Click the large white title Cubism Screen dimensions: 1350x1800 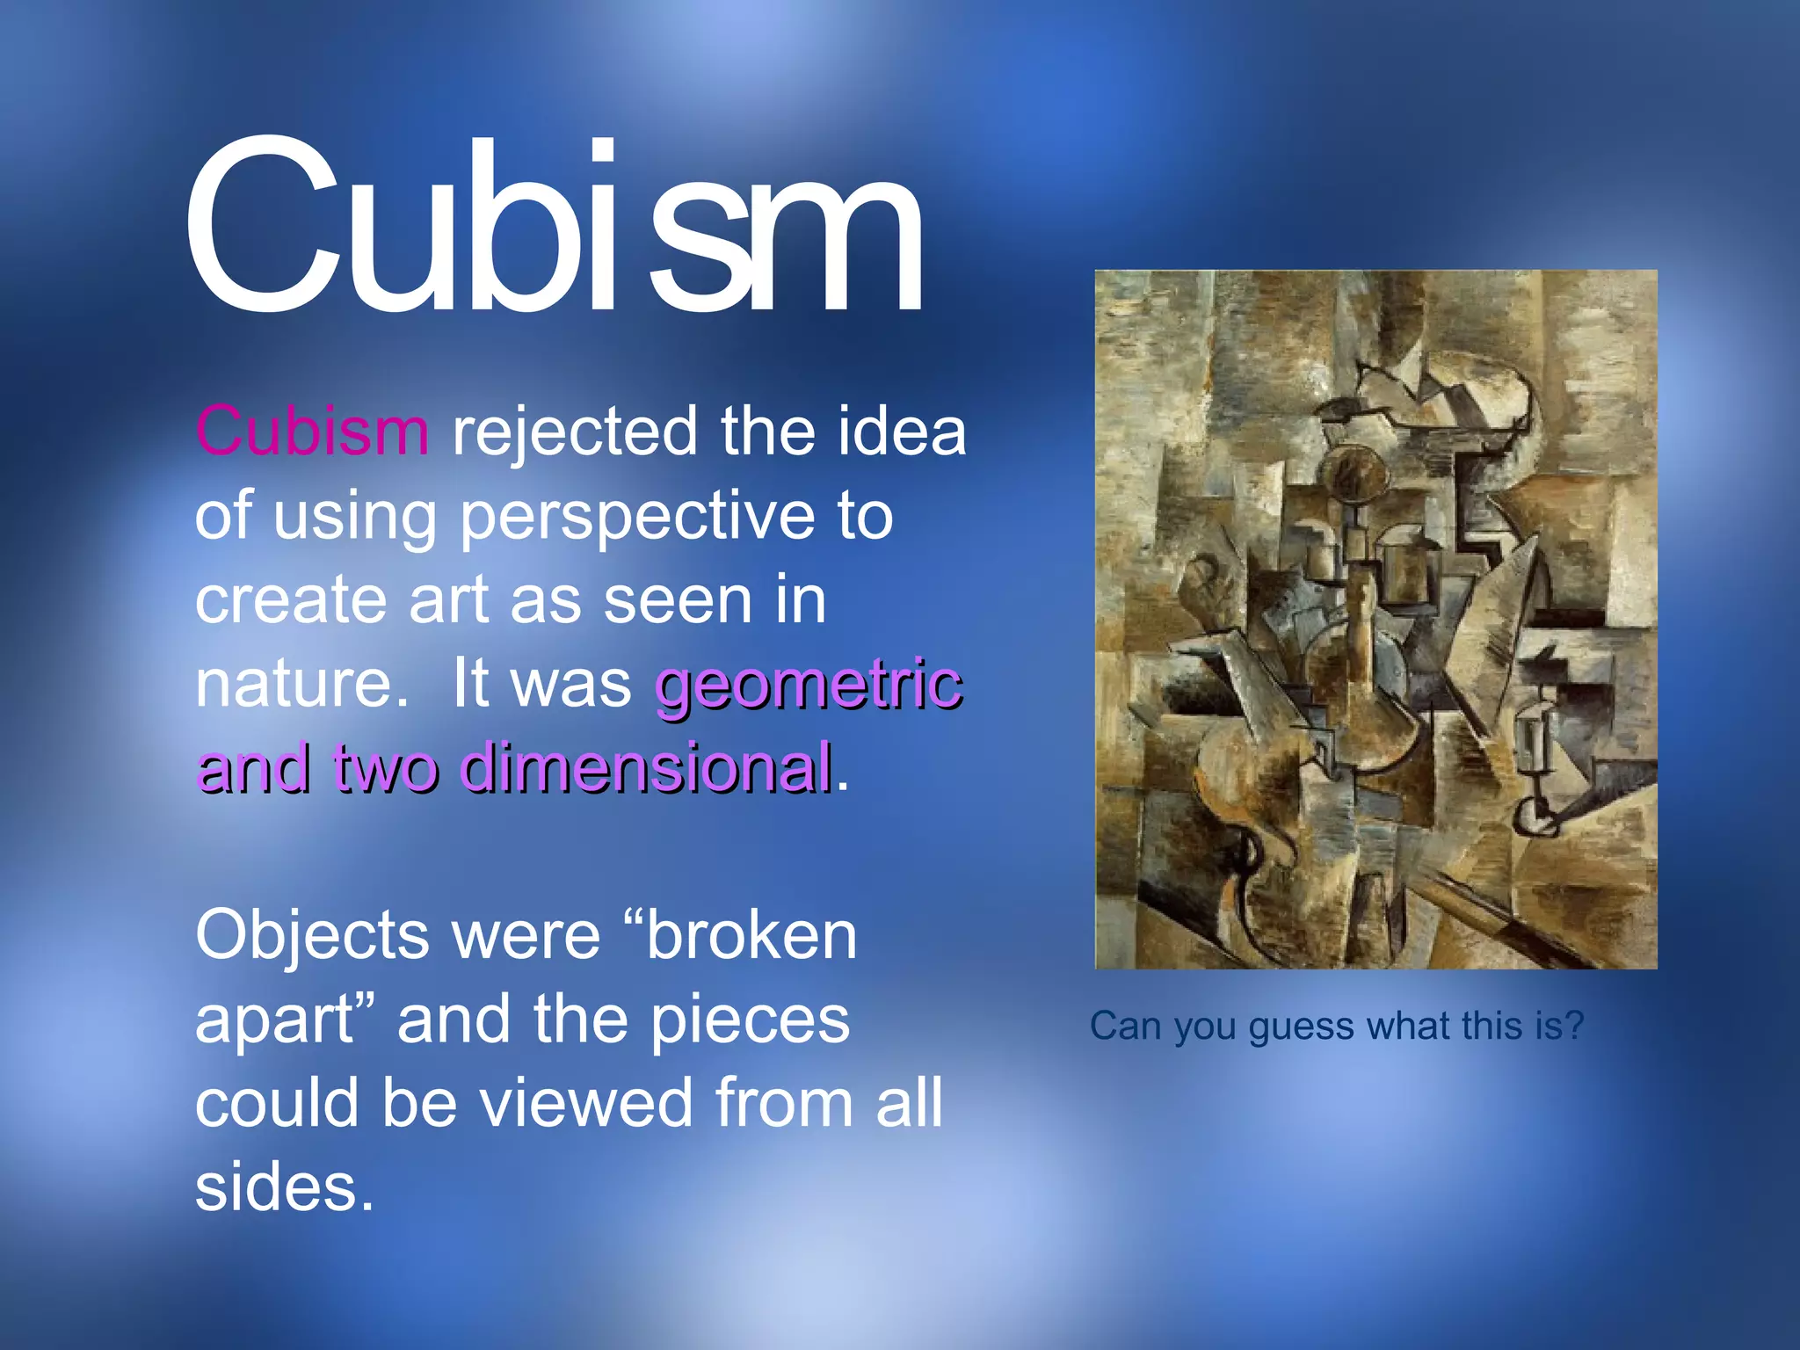pyautogui.click(x=554, y=229)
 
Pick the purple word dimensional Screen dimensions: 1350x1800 pyautogui.click(x=646, y=767)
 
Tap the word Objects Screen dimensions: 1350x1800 pyautogui.click(x=312, y=936)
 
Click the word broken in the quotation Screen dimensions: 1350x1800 pyautogui.click(x=751, y=936)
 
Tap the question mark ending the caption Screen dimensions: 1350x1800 pyautogui.click(x=1574, y=1025)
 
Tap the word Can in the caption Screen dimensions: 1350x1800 pyautogui.click(x=1125, y=1026)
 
